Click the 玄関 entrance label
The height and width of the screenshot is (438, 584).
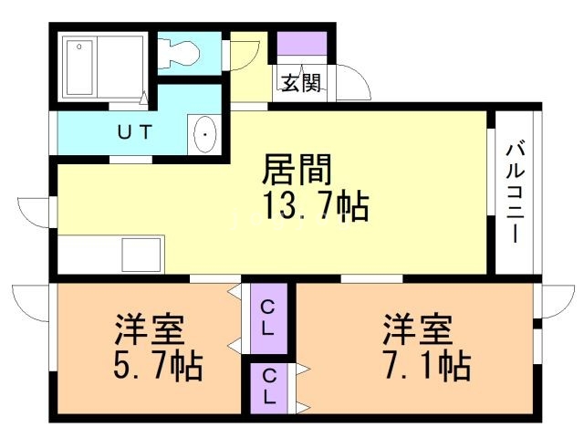(300, 84)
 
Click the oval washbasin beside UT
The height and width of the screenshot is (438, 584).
(205, 136)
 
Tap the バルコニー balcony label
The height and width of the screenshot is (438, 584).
(514, 192)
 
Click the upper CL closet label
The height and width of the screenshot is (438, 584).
(267, 317)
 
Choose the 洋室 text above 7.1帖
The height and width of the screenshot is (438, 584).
(418, 327)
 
